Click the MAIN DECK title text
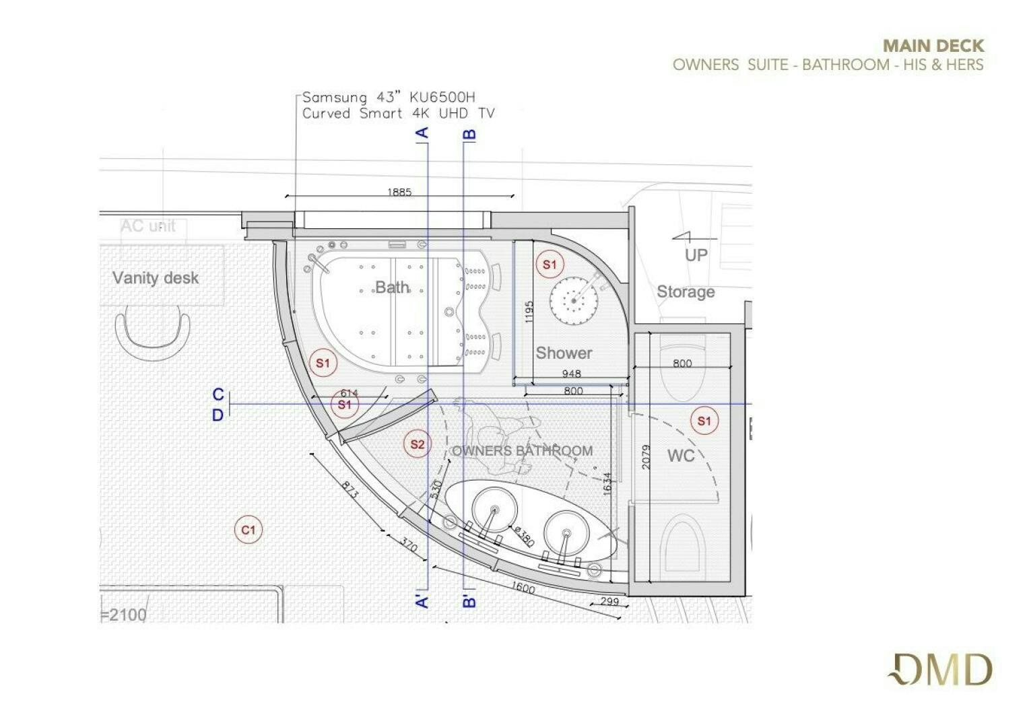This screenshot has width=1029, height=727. (x=933, y=46)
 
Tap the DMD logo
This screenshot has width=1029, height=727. (x=940, y=670)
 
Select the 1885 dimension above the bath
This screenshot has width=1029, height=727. (x=399, y=192)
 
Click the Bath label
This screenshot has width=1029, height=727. (x=392, y=287)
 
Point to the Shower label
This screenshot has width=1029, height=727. (x=564, y=353)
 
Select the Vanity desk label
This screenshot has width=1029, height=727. (x=155, y=278)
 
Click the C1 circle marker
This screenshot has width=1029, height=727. (x=248, y=530)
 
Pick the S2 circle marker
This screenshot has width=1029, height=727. (x=418, y=444)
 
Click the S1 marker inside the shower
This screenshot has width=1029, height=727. (x=550, y=265)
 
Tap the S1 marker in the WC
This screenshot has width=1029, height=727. (x=704, y=421)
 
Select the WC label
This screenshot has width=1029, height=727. (x=680, y=456)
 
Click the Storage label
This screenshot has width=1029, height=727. (x=686, y=292)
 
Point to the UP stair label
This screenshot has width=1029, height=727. (x=696, y=255)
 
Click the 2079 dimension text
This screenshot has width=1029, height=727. (x=646, y=457)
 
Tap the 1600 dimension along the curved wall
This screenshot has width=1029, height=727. (x=523, y=588)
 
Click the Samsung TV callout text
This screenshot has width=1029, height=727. (x=398, y=106)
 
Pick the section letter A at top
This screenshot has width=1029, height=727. (x=422, y=133)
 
